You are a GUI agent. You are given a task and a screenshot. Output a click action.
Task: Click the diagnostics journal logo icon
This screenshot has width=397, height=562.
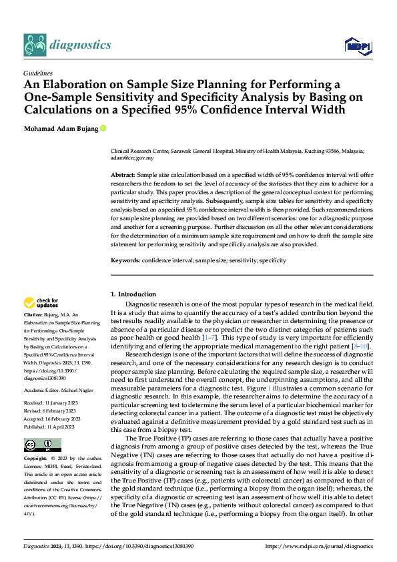[35, 45]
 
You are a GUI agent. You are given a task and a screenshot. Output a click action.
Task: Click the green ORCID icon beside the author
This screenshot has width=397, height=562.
[104, 128]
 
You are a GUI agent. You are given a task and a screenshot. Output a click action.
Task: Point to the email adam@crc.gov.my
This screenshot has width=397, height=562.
[132, 158]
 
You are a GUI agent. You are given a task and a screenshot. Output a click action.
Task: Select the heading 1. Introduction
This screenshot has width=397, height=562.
[133, 294]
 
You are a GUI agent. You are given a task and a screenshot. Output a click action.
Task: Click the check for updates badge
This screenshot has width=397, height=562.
[41, 303]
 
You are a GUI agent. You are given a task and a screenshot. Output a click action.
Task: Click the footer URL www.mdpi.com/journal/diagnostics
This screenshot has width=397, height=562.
[319, 546]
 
